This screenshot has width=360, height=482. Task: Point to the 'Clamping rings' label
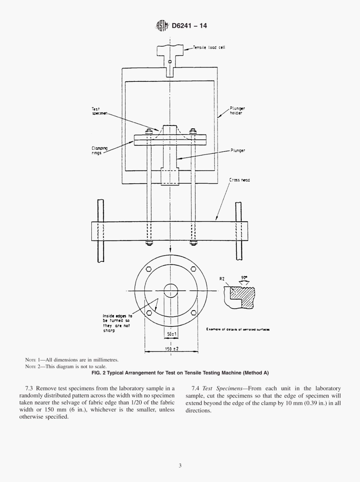[99, 151]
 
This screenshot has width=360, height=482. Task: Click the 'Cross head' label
[239, 180]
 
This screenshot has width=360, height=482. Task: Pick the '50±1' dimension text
[172, 334]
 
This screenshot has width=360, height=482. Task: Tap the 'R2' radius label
[222, 279]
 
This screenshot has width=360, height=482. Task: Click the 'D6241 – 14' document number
[189, 26]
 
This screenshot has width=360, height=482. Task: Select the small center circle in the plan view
[171, 291]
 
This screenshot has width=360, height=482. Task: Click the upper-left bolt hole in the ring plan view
[149, 269]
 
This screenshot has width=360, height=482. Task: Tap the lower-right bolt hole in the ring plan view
[194, 313]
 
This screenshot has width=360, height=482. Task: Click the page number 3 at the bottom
[180, 465]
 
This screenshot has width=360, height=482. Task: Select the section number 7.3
[30, 388]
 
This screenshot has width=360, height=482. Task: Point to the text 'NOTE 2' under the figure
[33, 367]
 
